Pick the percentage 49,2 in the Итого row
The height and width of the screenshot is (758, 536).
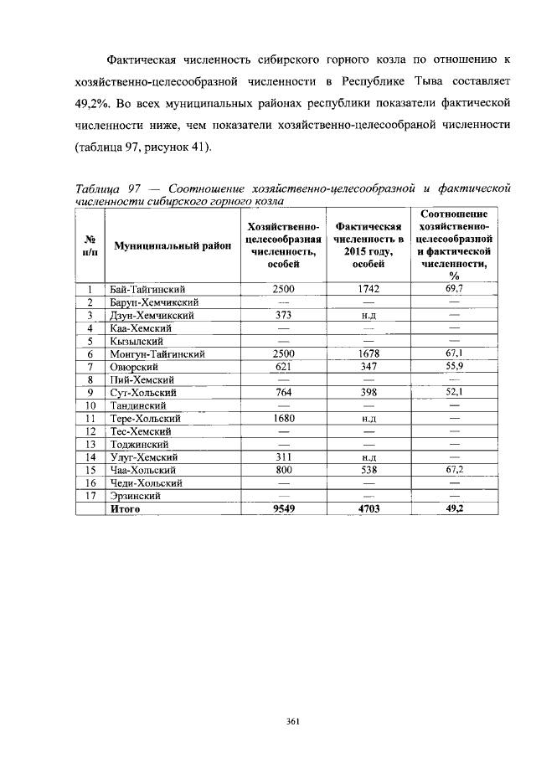coord(455,508)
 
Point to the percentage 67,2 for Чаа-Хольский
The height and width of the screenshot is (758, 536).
coord(455,470)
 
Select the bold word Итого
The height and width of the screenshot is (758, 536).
coord(126,508)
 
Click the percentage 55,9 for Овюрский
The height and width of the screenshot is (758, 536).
coord(455,367)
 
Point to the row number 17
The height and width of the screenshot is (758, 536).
coord(88,496)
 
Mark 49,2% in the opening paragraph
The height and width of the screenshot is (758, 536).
coord(61,106)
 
